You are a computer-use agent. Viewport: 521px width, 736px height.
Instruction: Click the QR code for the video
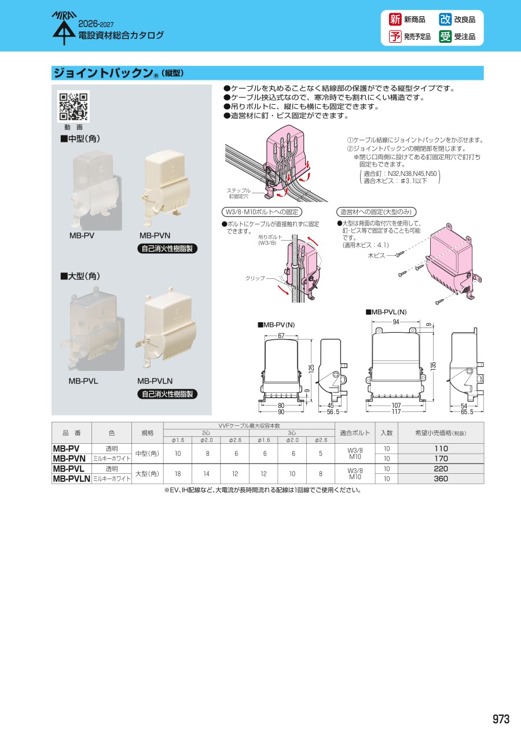pos(74,106)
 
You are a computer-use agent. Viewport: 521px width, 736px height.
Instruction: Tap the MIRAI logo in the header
pos(64,28)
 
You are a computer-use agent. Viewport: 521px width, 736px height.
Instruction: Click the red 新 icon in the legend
pos(395,20)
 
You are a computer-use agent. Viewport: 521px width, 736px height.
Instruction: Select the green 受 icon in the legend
pos(445,36)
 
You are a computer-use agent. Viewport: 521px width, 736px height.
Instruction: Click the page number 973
pos(501,719)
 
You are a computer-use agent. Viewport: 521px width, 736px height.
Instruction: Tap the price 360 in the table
pos(441,479)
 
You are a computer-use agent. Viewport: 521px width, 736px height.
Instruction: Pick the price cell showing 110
pos(441,449)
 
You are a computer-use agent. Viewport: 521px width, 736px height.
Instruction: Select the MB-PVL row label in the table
pos(69,469)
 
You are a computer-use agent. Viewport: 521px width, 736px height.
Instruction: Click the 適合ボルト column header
pos(355,433)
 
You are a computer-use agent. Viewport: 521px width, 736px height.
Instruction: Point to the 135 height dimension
pos(433,365)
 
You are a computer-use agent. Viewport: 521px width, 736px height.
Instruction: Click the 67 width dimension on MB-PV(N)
pos(281,336)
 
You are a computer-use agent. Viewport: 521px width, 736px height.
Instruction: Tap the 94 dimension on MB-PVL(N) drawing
pos(396,322)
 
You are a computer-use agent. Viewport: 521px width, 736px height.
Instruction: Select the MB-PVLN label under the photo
pos(155,381)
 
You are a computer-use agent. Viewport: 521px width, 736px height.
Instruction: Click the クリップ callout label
pos(255,278)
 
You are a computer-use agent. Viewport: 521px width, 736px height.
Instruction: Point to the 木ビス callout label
pos(376,255)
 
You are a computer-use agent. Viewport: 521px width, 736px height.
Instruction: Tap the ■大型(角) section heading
pos(80,277)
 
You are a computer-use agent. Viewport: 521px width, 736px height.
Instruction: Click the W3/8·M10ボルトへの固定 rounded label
pos(262,212)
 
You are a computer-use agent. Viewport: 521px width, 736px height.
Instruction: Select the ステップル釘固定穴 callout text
pos(239,193)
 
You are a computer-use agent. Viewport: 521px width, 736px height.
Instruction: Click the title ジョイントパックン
pos(104,73)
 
